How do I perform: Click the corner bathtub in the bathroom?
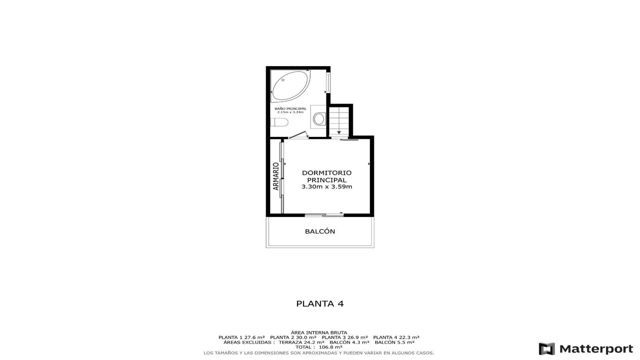pos(290,86)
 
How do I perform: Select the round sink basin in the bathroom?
pos(319,119)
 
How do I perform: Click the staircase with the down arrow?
pos(339,121)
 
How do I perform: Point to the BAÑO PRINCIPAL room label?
pos(290,109)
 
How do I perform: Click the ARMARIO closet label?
pos(275,176)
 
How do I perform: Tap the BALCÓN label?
pos(320,231)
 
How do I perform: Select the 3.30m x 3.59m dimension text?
pos(327,187)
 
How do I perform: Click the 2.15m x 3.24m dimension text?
pos(290,112)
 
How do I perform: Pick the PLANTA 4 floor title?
pos(320,304)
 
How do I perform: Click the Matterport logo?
pos(586,349)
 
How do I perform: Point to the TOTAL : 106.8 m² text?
pos(319,347)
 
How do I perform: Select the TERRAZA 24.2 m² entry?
pos(301,342)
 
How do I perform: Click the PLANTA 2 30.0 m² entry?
pos(293,337)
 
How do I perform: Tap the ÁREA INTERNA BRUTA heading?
pos(319,332)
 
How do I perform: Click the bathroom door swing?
pos(299,135)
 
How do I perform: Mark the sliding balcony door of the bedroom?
pos(324,215)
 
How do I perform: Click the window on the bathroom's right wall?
pos(328,82)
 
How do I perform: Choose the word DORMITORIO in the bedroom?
pos(327,172)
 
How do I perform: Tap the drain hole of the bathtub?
pos(283,80)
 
